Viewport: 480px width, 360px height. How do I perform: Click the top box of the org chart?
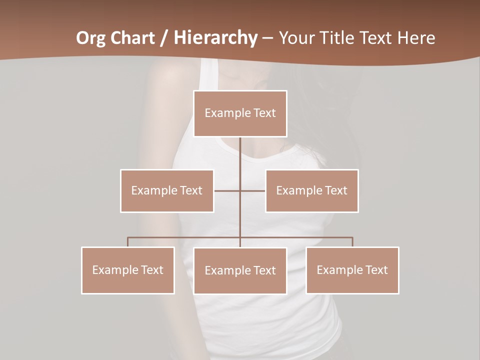click(x=240, y=113)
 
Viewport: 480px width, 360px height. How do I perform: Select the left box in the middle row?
click(x=167, y=191)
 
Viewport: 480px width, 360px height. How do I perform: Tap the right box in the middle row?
click(x=311, y=191)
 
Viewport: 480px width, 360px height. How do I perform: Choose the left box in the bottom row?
click(x=128, y=270)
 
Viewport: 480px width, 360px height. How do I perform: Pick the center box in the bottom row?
click(x=240, y=271)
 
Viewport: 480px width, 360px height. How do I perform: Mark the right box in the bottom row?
click(x=352, y=270)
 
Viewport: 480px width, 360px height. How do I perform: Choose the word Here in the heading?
click(x=416, y=38)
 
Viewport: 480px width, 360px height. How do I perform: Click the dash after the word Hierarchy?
click(x=268, y=38)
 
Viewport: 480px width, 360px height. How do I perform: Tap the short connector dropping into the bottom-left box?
click(x=128, y=242)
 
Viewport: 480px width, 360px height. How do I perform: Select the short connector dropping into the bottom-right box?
click(x=352, y=242)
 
